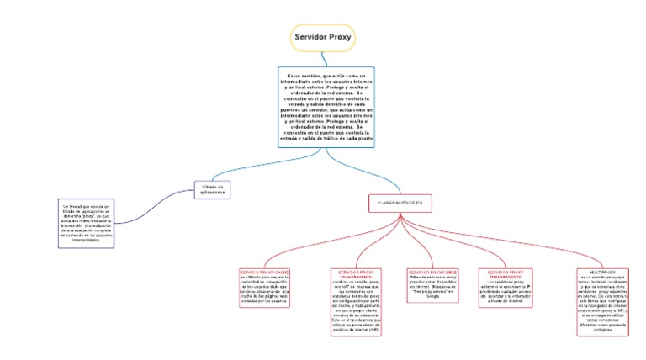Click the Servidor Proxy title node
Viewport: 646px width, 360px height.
[322, 39]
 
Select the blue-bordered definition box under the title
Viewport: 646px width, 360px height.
[326, 107]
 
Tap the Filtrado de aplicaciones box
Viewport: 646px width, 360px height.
[212, 190]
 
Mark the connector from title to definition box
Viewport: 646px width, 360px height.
[319, 59]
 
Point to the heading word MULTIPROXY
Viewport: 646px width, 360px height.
[602, 273]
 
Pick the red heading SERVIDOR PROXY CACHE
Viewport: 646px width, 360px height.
[265, 273]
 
